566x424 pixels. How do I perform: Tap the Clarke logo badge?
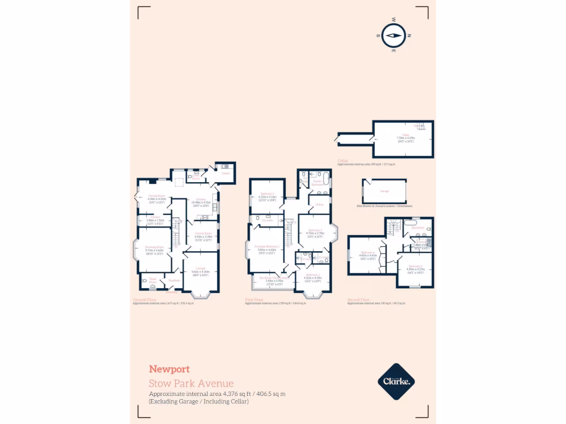pyautogui.click(x=396, y=381)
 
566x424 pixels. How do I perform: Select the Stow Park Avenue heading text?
pyautogui.click(x=191, y=383)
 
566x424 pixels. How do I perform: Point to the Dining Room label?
pyautogui.click(x=156, y=196)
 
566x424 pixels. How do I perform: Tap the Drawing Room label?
pyautogui.click(x=154, y=247)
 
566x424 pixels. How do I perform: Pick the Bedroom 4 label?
pyautogui.click(x=267, y=194)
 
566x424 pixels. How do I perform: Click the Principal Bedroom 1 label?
pyautogui.click(x=266, y=246)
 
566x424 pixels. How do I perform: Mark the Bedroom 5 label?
pyautogui.click(x=415, y=266)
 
